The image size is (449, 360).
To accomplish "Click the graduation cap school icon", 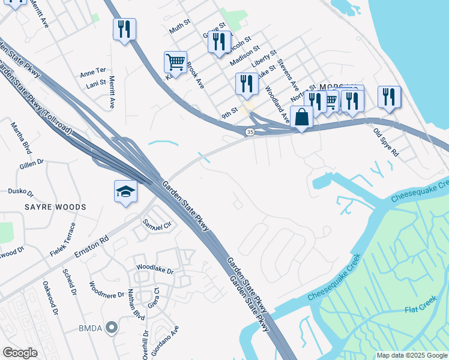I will [x=126, y=191].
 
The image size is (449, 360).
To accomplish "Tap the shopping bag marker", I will [x=301, y=116].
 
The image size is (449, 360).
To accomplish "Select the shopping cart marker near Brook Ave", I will [x=175, y=61].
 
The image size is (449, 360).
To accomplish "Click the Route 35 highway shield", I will [x=249, y=131].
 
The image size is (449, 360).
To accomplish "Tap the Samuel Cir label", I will [x=157, y=223].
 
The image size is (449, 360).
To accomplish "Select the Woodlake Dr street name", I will [x=155, y=270].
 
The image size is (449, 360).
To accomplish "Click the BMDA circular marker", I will [x=111, y=328].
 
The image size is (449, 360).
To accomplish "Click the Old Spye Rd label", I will [x=386, y=142].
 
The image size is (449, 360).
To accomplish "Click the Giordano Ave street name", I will [x=166, y=340].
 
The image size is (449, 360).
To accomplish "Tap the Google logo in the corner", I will [x=20, y=353].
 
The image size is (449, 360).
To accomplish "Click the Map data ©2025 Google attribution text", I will [x=411, y=355].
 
